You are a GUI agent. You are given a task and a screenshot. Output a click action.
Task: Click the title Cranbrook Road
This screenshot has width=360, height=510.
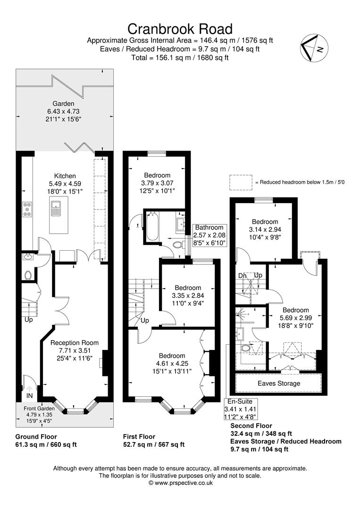tap(180, 29)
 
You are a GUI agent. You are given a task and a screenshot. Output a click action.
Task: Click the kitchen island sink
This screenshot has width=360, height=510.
tap(56, 208)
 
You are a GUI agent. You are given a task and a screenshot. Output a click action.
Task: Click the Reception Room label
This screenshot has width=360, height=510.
tap(75, 343)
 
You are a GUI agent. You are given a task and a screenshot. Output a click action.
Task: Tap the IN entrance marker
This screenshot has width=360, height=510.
tap(29, 395)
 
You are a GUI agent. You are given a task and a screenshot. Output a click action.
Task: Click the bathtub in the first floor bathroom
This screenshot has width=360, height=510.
tap(152, 227)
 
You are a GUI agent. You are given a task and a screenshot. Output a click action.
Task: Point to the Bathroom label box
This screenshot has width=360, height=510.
tap(210, 235)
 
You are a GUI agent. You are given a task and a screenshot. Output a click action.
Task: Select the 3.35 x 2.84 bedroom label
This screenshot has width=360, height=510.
tap(188, 296)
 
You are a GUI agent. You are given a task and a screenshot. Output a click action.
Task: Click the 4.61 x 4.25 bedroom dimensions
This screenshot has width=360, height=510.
tap(172, 364)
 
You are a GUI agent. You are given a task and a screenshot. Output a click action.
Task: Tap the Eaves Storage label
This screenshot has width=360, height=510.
tap(278, 383)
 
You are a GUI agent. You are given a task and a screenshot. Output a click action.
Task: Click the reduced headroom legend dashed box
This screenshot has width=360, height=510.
tap(241, 182)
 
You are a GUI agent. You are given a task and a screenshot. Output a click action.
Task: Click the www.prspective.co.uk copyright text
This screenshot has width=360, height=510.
tap(180, 483)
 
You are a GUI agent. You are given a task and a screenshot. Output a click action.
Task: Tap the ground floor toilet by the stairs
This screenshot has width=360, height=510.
tap(28, 274)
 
